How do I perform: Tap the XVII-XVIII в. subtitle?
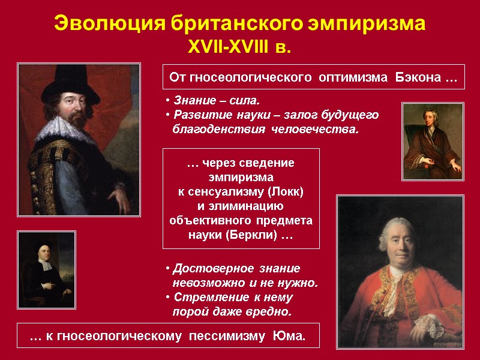(240, 47)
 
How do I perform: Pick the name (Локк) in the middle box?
(283, 192)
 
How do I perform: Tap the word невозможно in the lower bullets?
(208, 283)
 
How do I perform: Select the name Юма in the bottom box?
(290, 338)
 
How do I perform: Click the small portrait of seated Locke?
(432, 141)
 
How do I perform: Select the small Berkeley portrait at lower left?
(47, 270)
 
